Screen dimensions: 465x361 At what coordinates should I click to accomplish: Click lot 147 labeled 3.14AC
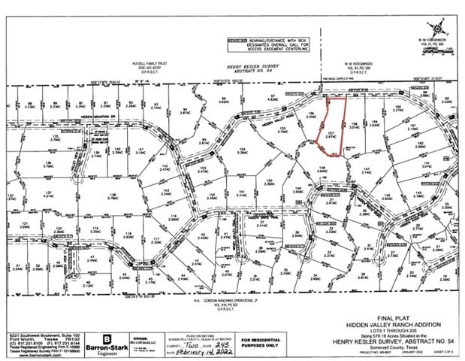pos(367,172)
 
